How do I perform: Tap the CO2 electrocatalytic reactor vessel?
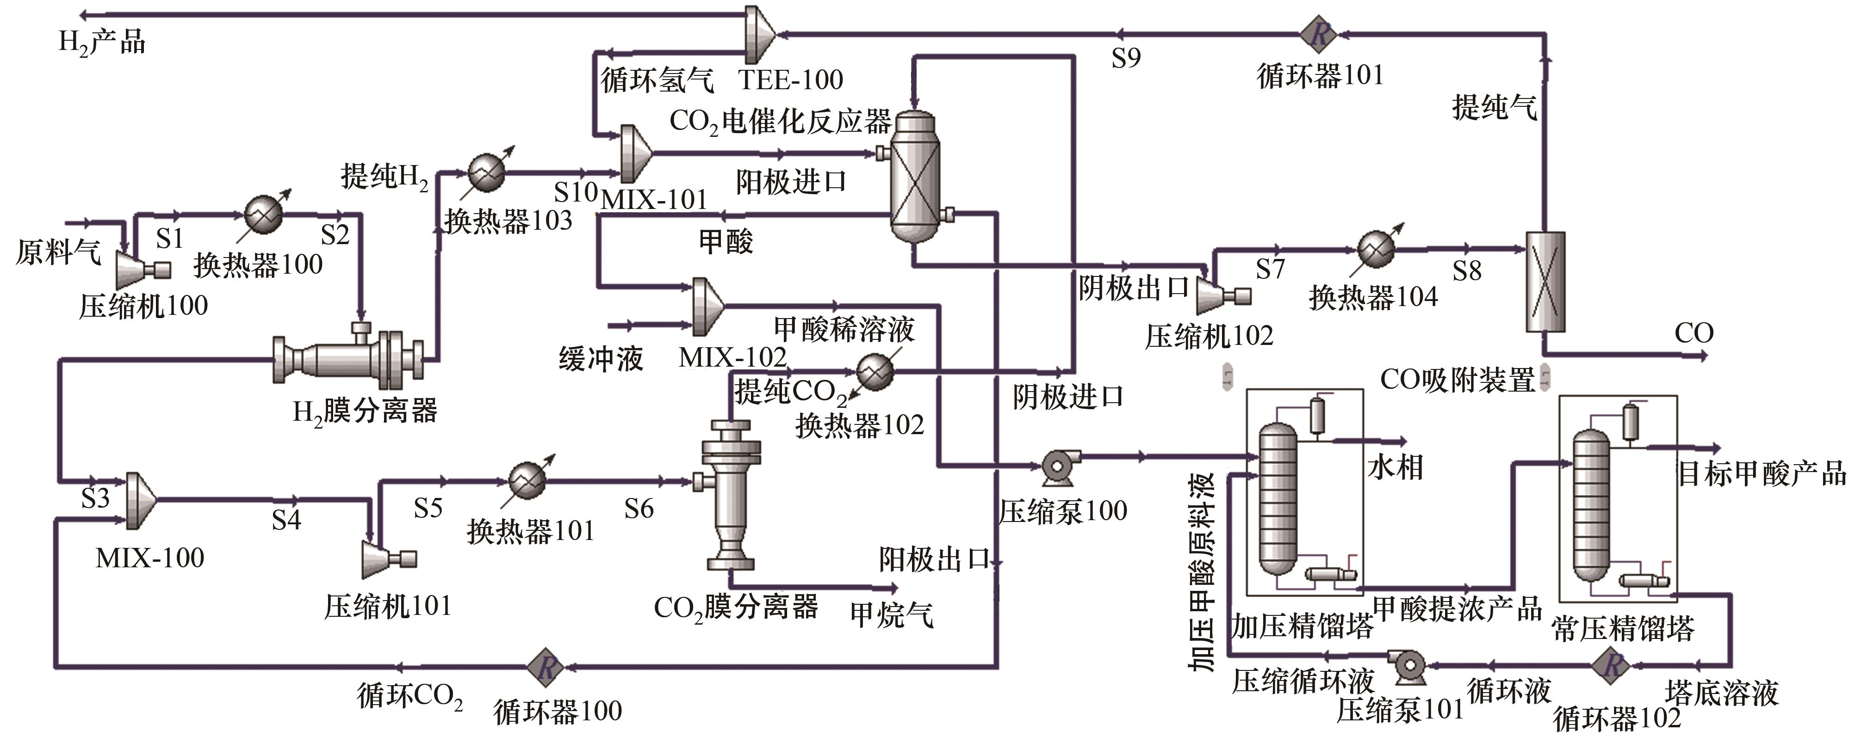tap(915, 178)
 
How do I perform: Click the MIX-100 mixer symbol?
tap(141, 500)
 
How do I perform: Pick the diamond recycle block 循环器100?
tap(546, 666)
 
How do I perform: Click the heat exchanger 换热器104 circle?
tap(1376, 250)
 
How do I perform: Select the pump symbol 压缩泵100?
tap(1058, 467)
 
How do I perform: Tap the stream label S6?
tap(639, 509)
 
